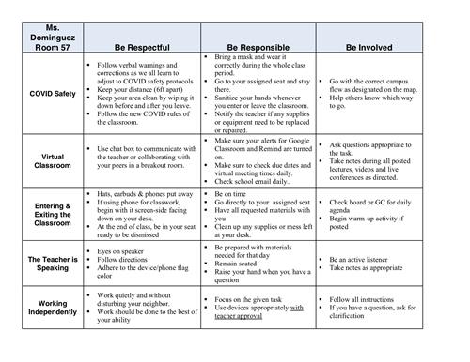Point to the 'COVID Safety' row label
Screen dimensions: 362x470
pos(46,94)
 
